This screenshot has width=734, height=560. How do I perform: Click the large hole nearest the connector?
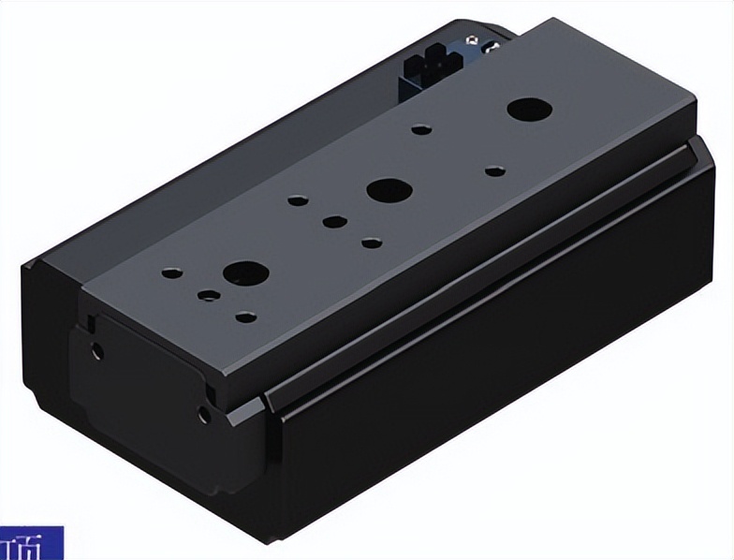529,109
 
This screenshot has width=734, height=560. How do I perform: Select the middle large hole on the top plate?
389,190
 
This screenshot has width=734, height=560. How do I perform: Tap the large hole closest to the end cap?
246,273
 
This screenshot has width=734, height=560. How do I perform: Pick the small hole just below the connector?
422,128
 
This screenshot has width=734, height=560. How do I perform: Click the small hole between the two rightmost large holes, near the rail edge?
494,170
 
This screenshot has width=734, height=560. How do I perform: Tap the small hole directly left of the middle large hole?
297,199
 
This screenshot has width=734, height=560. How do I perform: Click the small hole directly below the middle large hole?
372,243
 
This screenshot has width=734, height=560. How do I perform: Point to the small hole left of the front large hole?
170,274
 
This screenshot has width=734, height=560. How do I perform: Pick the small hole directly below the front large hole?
244,317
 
